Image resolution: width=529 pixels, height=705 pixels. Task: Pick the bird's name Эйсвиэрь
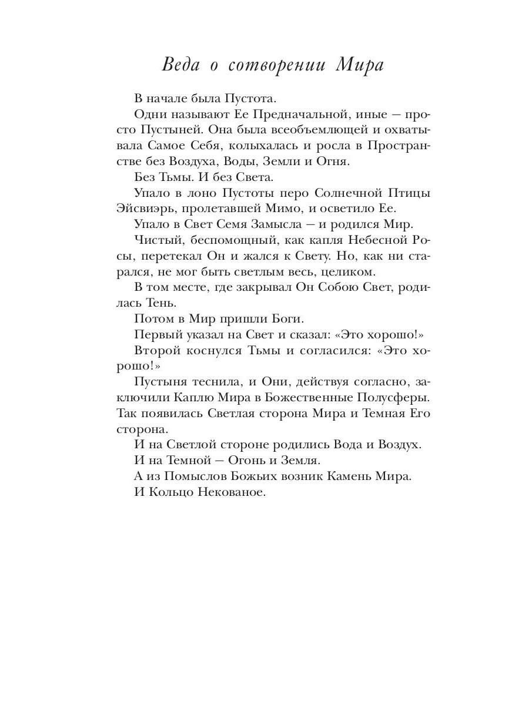147,208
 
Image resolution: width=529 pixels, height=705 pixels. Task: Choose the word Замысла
292,224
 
